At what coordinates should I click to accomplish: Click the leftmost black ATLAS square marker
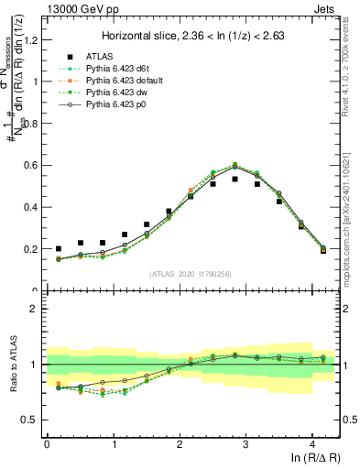coord(59,248)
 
